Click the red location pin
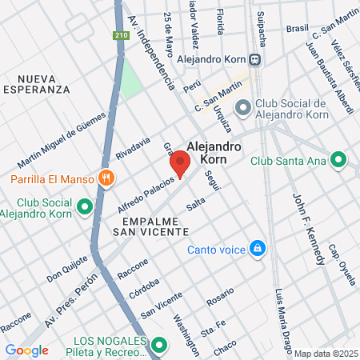[180, 164]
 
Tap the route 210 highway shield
[120, 36]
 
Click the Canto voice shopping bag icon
[257, 249]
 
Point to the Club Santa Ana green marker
[338, 160]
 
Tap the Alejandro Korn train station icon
[254, 58]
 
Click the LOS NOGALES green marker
[159, 346]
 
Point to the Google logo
[26, 350]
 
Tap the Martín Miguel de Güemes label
[55, 139]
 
